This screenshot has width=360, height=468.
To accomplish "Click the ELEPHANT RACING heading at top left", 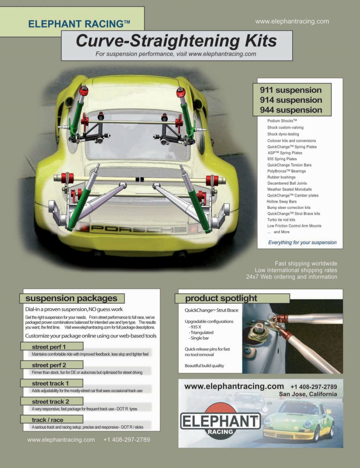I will tap(79, 24).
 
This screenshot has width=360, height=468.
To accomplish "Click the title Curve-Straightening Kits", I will tap(176, 41).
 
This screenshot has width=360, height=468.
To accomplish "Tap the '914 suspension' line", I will tap(291, 100).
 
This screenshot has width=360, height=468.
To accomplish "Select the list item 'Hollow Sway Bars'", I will tap(281, 201).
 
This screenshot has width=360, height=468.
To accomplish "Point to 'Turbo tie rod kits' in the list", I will tap(281, 220).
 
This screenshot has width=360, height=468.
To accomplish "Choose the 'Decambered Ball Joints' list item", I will tap(287, 183).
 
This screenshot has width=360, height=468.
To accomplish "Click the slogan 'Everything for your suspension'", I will tap(302, 242).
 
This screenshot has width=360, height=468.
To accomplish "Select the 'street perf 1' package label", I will tap(49, 347).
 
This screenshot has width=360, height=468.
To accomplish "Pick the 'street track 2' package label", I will tap(50, 401).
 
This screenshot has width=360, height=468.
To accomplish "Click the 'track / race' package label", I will tap(48, 420).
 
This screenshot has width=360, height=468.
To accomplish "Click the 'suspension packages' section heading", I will tap(71, 298).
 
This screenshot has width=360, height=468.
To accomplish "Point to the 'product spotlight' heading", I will tap(221, 298).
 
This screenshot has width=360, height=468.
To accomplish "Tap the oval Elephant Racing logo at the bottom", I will tap(220, 421).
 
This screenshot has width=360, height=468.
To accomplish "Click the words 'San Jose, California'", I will tap(308, 394).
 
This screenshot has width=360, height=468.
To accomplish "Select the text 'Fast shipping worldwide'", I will tap(306, 264).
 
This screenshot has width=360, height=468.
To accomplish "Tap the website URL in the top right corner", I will tap(292, 21).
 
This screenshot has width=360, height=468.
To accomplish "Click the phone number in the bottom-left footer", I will tap(126, 440).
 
